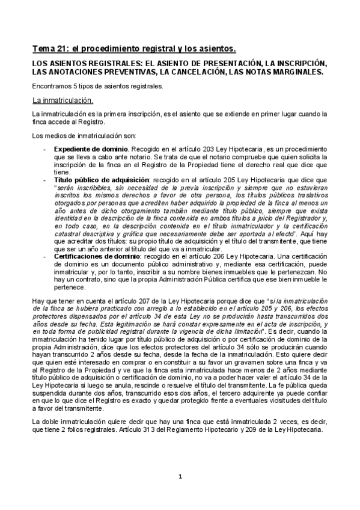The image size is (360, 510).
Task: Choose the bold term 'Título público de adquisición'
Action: click(101, 179)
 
